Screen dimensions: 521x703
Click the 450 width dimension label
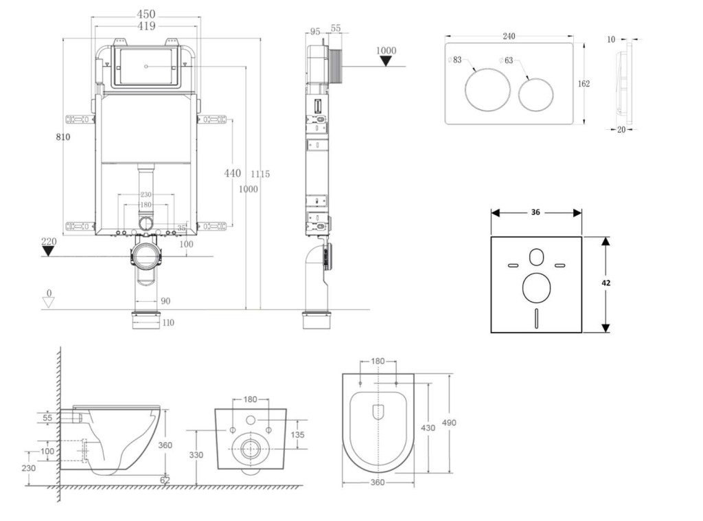coord(146,14)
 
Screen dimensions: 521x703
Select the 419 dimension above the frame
coord(146,26)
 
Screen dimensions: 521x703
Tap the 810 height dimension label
coord(63,137)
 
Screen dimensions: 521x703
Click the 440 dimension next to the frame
coord(232,173)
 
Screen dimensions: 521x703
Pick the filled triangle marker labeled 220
coord(48,251)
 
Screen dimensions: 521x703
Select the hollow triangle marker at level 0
coord(48,303)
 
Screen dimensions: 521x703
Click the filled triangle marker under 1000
coord(387,61)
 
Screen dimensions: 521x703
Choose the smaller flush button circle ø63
coord(535,94)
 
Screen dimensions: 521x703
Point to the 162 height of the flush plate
coord(584,84)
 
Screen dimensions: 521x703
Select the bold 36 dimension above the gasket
coord(535,212)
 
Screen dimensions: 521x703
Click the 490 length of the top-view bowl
coord(449,423)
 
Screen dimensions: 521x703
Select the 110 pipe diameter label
coord(168,322)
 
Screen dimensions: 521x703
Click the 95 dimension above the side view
coord(315,32)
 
